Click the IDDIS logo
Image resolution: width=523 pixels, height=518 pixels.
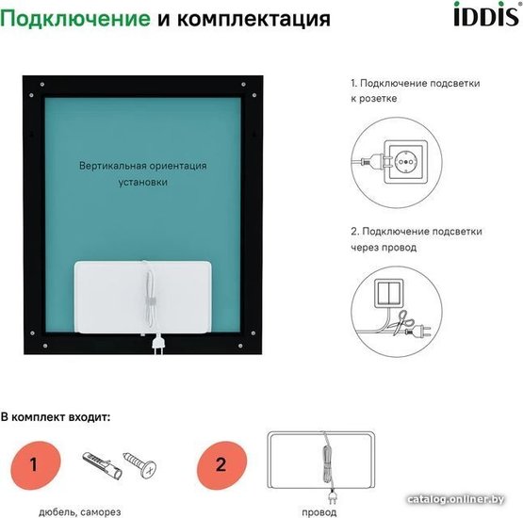coord(487,14)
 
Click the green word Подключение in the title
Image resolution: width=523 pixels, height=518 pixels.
coord(75,19)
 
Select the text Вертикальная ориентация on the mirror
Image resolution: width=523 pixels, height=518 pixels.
coord(142,166)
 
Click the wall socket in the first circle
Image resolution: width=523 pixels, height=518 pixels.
coord(405,162)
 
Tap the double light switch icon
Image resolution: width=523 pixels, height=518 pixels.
coord(388,293)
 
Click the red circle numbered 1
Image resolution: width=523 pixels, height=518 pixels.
coord(36,465)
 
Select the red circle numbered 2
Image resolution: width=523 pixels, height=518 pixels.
coord(221,465)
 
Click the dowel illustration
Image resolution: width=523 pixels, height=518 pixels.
coord(103,465)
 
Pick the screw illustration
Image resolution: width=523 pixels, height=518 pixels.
coord(140,464)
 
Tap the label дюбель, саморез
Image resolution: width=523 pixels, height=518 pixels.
coord(80,511)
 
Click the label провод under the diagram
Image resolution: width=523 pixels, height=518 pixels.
coord(319,512)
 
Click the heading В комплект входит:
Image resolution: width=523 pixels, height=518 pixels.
coord(56,417)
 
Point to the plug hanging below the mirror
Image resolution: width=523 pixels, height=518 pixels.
coord(158,346)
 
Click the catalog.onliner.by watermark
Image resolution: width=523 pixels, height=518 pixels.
coord(456,499)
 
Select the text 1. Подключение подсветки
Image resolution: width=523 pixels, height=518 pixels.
coord(416,83)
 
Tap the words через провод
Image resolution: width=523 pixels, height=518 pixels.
coord(384,248)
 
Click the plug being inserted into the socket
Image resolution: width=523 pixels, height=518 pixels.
coord(371,161)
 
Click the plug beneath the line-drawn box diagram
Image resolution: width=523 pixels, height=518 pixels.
coord(333,496)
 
